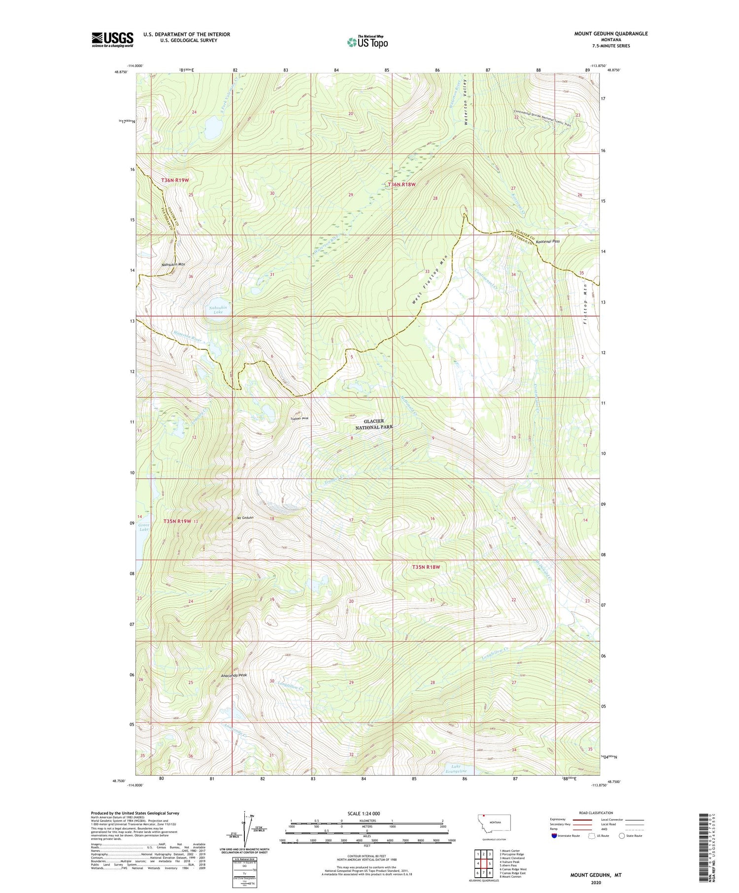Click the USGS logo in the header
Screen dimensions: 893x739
(112, 39)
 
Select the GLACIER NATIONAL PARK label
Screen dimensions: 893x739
(378, 424)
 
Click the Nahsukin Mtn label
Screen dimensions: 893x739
(173, 265)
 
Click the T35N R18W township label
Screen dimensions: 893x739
(426, 567)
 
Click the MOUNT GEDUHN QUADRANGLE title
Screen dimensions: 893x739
(610, 33)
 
